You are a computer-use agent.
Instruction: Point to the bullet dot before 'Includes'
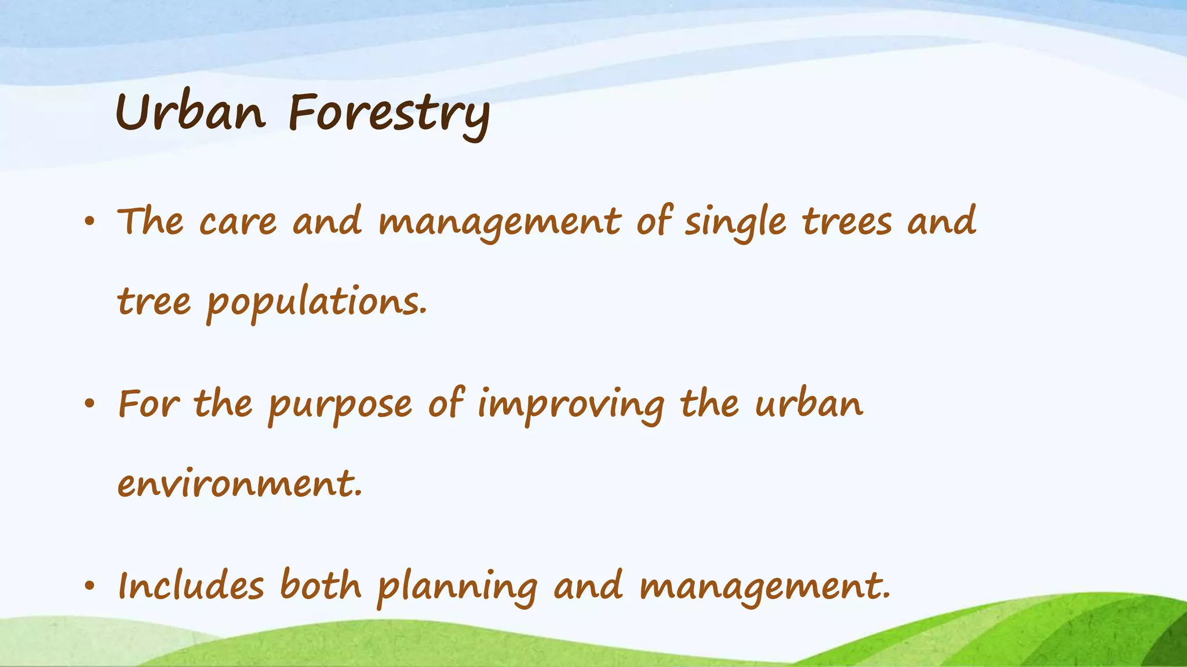coord(89,587)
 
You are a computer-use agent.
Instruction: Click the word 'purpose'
coord(340,405)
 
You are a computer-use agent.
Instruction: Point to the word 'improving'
coord(570,405)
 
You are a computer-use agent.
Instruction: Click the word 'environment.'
coord(239,484)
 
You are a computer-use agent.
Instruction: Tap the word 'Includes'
coord(191,586)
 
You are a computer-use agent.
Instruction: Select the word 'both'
coord(321,586)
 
